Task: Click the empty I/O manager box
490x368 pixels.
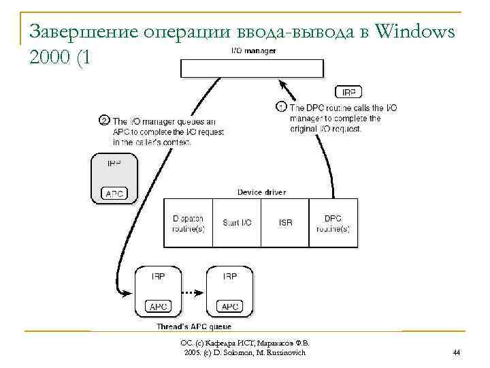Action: pyautogui.click(x=251, y=68)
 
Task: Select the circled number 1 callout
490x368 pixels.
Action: pyautogui.click(x=281, y=107)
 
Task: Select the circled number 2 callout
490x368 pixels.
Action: pyautogui.click(x=104, y=120)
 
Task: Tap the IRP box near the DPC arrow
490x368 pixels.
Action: pyautogui.click(x=349, y=92)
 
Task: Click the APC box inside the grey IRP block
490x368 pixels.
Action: pyautogui.click(x=114, y=194)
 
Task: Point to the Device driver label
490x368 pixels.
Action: pyautogui.click(x=261, y=192)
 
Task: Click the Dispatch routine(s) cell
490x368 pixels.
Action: pyautogui.click(x=188, y=223)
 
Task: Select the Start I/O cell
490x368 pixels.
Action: pyautogui.click(x=237, y=223)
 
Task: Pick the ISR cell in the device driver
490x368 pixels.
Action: pyautogui.click(x=285, y=223)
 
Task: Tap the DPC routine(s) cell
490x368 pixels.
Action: pyautogui.click(x=333, y=223)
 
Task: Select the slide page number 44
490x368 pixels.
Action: pyautogui.click(x=456, y=352)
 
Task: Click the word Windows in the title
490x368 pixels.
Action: pyautogui.click(x=414, y=31)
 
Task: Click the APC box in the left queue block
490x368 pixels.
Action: pyautogui.click(x=158, y=307)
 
